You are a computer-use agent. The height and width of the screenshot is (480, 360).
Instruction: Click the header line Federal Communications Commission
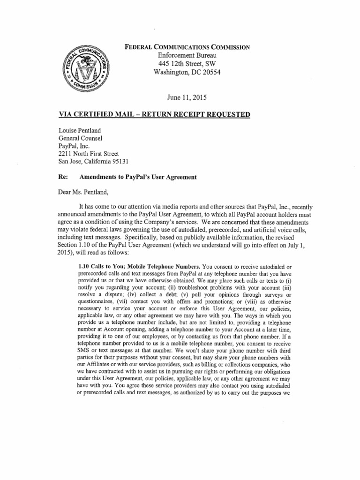point(186,47)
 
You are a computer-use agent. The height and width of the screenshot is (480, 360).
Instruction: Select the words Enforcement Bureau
point(183,55)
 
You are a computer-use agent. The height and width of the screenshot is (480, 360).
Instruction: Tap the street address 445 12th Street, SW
point(183,64)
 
